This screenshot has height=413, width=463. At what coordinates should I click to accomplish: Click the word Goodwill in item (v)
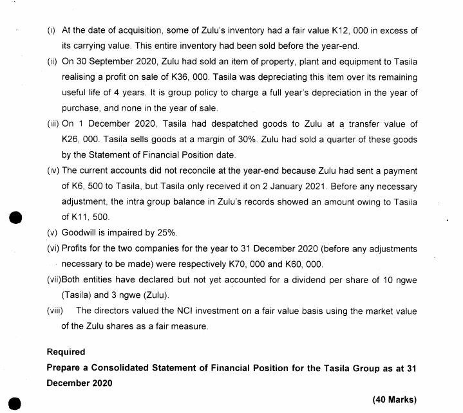[x=80, y=233]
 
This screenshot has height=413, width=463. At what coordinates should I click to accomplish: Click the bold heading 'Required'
[x=66, y=352]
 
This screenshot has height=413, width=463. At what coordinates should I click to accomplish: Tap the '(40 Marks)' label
[x=394, y=399]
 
